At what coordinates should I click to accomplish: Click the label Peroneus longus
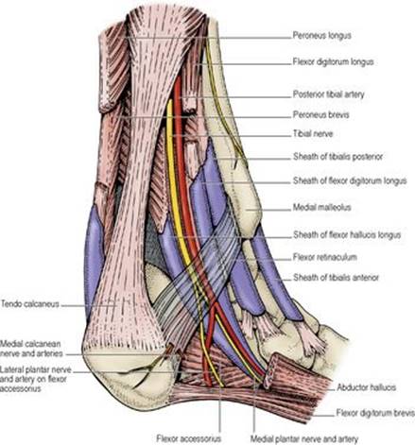click(x=321, y=35)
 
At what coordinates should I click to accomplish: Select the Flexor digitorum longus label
click(x=333, y=61)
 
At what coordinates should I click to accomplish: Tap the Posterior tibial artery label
click(x=328, y=94)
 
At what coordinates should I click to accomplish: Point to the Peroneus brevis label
click(x=320, y=114)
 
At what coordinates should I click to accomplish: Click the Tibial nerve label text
click(x=313, y=134)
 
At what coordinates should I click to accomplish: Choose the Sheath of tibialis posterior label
click(x=337, y=157)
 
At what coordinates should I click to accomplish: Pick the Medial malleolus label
click(x=321, y=207)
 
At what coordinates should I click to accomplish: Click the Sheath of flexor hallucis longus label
click(x=347, y=235)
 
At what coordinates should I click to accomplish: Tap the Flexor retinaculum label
click(x=325, y=257)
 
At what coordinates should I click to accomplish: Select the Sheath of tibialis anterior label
click(x=336, y=278)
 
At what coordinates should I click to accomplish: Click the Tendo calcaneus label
click(x=30, y=304)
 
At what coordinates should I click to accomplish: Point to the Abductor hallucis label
click(x=366, y=387)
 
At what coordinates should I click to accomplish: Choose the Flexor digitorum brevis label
click(x=375, y=413)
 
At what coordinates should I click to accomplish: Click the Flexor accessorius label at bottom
click(x=189, y=438)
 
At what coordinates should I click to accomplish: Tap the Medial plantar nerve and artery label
click(x=304, y=438)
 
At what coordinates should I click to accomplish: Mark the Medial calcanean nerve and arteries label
click(x=31, y=349)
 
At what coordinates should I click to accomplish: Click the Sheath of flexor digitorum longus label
click(x=350, y=180)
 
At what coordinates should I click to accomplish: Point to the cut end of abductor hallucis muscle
click(x=271, y=370)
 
